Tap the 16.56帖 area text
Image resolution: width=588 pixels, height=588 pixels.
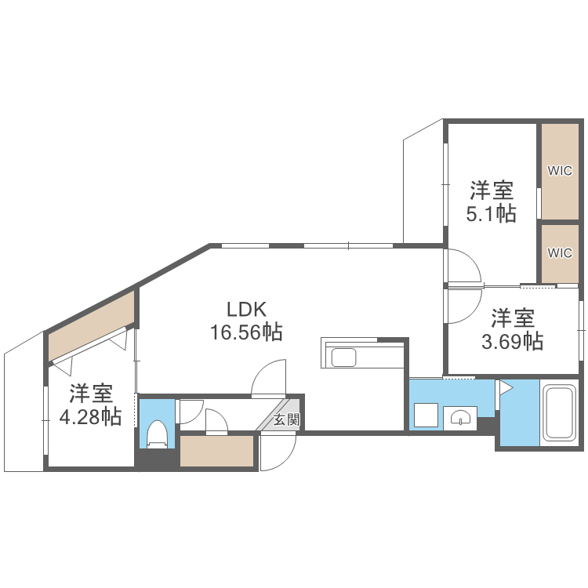click(x=246, y=332)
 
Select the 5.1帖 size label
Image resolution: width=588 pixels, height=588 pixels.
click(x=492, y=213)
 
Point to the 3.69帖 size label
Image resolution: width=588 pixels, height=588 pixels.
click(x=514, y=341)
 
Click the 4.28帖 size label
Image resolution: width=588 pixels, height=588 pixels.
click(x=91, y=416)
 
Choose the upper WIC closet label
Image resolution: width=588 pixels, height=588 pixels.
click(x=560, y=170)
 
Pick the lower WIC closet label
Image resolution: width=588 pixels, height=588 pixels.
click(x=560, y=252)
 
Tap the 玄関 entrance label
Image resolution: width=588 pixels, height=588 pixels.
click(x=286, y=419)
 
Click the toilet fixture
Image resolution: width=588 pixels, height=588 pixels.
click(x=158, y=434)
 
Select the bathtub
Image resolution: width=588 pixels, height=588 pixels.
click(x=559, y=413)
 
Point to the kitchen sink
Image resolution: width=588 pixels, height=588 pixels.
click(x=345, y=358)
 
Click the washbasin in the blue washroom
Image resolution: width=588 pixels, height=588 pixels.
click(x=459, y=416)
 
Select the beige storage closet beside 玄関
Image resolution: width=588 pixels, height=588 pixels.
click(x=217, y=452)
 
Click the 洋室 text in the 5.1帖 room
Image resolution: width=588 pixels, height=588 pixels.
click(x=492, y=190)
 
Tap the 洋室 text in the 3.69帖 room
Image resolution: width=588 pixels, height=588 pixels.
click(x=514, y=318)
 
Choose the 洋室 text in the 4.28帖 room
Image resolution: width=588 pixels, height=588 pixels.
click(x=91, y=392)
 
